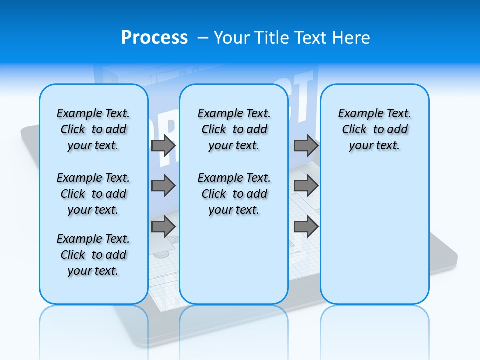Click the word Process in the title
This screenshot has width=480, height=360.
[154, 37]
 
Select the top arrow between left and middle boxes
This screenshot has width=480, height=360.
[163, 145]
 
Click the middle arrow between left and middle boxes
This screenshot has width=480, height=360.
[163, 186]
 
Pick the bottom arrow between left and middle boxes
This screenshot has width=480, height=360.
[163, 227]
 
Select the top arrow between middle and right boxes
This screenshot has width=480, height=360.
[306, 145]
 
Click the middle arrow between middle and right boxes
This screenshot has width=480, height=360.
[306, 186]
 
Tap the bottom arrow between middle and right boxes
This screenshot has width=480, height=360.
[306, 227]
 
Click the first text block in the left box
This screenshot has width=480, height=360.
[93, 129]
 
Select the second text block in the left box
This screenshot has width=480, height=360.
[93, 194]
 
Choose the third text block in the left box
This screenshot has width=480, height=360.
[93, 255]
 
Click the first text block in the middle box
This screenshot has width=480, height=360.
[234, 129]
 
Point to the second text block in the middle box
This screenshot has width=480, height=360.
[234, 194]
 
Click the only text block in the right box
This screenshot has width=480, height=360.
[375, 129]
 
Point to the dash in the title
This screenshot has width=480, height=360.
[203, 38]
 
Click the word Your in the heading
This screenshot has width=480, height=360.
[231, 37]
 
